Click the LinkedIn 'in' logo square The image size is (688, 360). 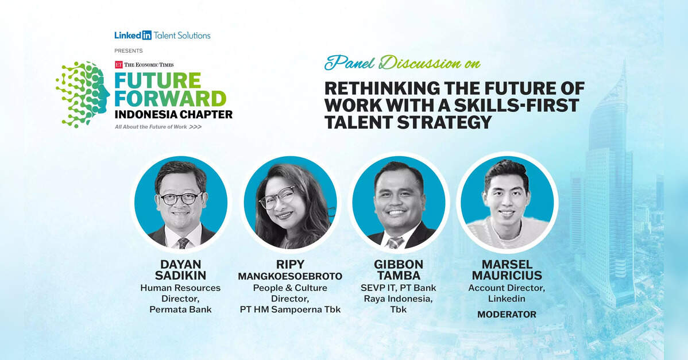[146, 35]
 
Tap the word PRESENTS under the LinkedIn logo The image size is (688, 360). [129, 51]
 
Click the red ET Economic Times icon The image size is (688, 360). [118, 64]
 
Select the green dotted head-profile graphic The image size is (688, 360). [83, 94]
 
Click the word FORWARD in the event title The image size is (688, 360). [170, 99]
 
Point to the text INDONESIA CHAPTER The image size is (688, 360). [173, 114]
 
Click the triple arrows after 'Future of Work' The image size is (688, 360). [195, 127]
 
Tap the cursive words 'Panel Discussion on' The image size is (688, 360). [403, 63]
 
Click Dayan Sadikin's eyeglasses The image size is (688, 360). [181, 198]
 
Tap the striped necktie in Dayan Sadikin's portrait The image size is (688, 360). [183, 243]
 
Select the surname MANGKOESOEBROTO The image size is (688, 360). [290, 276]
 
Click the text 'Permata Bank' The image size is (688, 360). [180, 309]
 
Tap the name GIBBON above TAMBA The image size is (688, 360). [399, 265]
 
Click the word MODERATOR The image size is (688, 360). [507, 315]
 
